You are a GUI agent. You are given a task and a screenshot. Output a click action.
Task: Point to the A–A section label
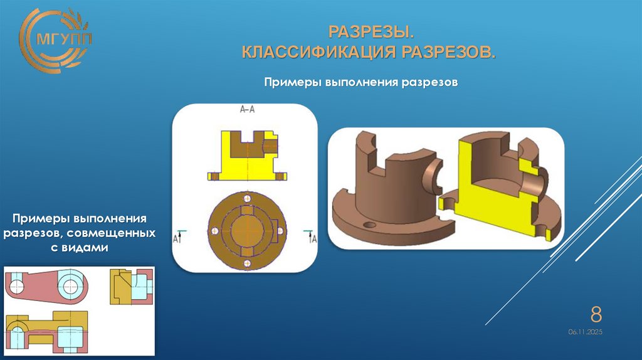pos(248,110)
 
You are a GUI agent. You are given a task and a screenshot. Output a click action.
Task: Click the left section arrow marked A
pos(178,236)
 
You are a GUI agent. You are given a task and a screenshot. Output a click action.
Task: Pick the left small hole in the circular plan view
pos(215,231)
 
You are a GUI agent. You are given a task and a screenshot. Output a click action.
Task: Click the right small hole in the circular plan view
pos(280,231)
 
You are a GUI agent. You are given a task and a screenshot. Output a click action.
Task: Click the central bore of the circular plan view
pos(247,231)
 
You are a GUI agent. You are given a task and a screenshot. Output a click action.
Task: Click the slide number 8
pos(596,314)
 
